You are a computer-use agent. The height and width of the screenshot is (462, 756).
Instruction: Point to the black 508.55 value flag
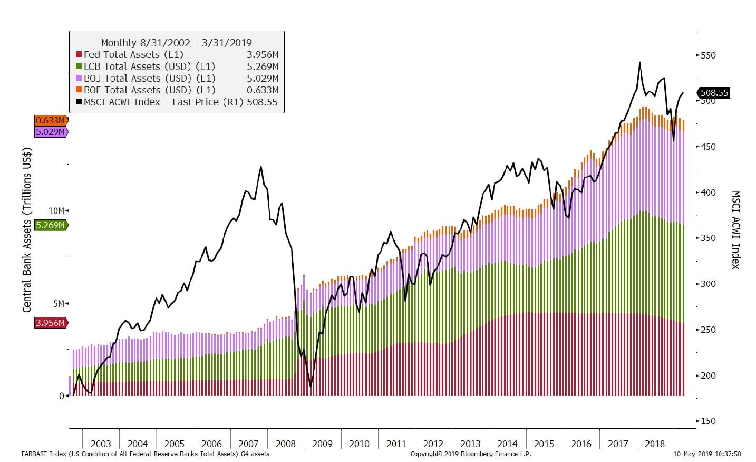click(x=714, y=93)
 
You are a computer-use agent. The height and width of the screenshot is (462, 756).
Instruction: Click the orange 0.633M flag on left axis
click(x=51, y=121)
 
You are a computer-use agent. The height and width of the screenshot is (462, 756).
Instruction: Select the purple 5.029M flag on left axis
click(x=51, y=131)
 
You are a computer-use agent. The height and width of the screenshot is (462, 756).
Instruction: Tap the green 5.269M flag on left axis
click(x=51, y=225)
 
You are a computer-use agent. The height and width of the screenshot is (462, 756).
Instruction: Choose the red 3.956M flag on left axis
click(x=51, y=322)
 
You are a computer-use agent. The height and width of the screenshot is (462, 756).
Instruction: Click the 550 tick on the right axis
click(x=708, y=55)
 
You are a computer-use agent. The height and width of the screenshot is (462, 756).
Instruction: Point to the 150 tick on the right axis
click(x=708, y=421)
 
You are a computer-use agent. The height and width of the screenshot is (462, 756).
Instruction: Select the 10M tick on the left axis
click(x=56, y=211)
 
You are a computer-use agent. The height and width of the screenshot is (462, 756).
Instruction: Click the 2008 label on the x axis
click(x=285, y=444)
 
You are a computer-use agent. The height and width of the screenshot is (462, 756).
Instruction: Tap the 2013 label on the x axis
click(x=470, y=444)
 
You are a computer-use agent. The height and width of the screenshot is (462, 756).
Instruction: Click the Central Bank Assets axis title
click(x=27, y=229)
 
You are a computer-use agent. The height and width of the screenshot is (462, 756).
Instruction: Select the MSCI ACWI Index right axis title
click(x=736, y=229)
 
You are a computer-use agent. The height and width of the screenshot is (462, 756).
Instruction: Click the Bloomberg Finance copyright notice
click(x=471, y=454)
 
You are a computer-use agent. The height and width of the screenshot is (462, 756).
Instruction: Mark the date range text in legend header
click(x=176, y=43)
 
